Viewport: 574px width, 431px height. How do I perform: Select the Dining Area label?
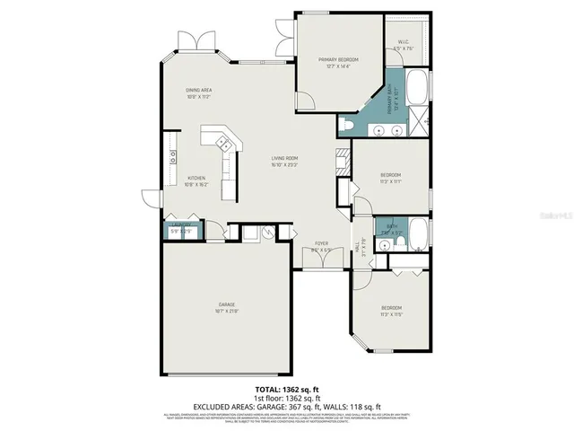[198, 92]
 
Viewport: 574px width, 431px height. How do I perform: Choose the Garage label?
[225, 308]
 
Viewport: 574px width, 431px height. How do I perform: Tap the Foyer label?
[320, 246]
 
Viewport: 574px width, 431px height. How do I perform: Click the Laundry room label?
[181, 230]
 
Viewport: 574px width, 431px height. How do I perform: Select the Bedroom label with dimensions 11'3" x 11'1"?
[390, 178]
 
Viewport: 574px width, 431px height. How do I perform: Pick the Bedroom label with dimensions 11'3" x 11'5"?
[391, 312]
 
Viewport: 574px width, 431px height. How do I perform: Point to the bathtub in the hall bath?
[417, 233]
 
